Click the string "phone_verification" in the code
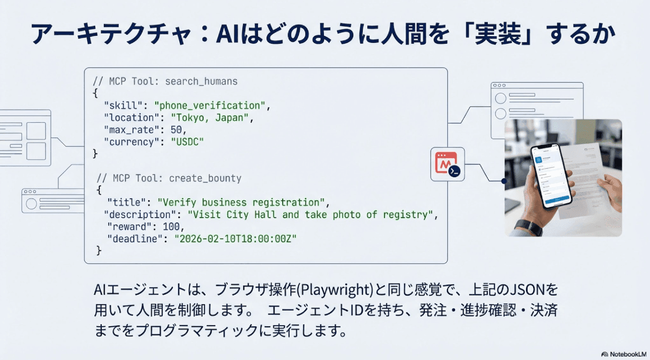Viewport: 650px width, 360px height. (211, 106)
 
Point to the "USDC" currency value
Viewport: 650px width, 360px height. (187, 142)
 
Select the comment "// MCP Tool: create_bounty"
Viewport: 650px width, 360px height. (169, 178)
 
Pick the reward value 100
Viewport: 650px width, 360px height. (171, 227)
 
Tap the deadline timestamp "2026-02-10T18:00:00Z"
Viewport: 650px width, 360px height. (235, 239)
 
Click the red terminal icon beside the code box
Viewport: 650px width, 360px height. (447, 164)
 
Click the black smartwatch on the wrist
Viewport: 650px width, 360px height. (528, 227)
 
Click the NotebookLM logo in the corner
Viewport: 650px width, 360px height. (624, 354)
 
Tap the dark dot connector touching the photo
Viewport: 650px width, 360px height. (503, 180)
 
